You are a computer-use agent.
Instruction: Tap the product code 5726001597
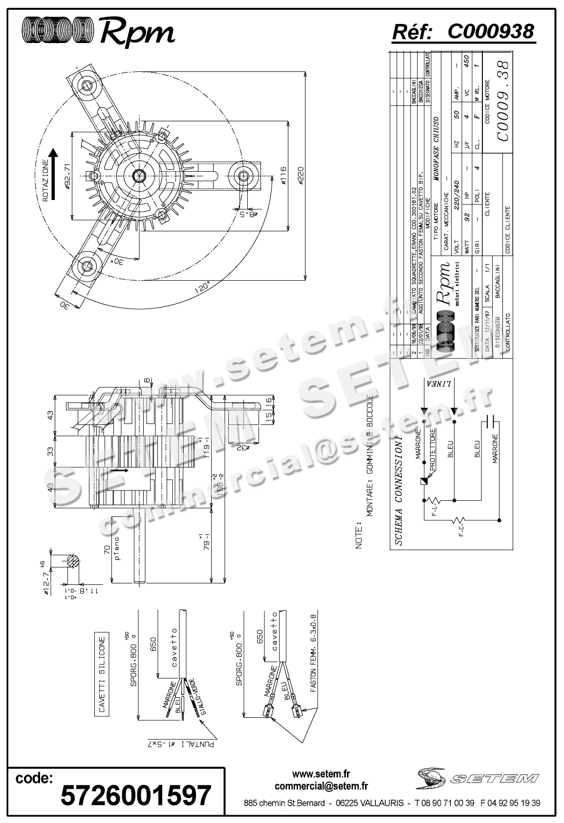point(135,795)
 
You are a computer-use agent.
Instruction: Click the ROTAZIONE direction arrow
point(54,174)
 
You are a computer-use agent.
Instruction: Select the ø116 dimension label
point(283,176)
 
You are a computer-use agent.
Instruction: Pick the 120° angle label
point(201,289)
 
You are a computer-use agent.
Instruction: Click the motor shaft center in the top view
point(138,175)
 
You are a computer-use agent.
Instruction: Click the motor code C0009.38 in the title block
point(503,100)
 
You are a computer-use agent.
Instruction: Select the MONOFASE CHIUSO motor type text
point(436,149)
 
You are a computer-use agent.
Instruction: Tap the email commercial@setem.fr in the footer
point(321,786)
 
